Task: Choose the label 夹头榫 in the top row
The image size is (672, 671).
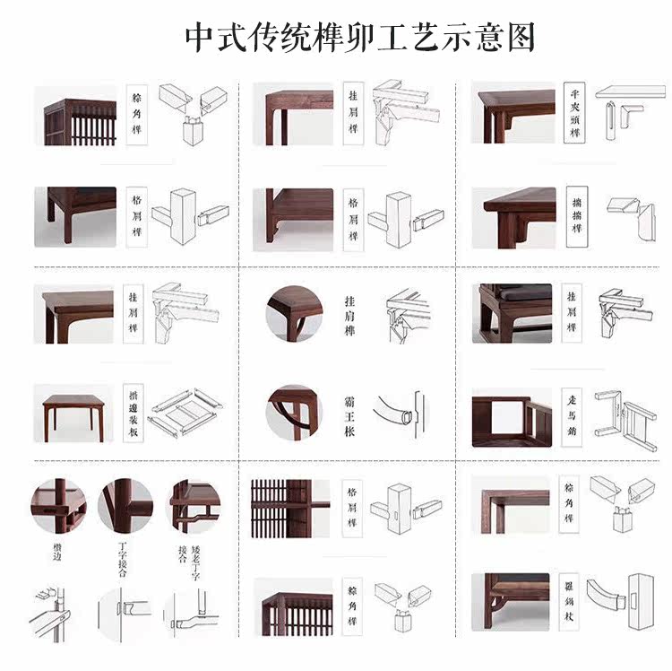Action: click(x=574, y=113)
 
